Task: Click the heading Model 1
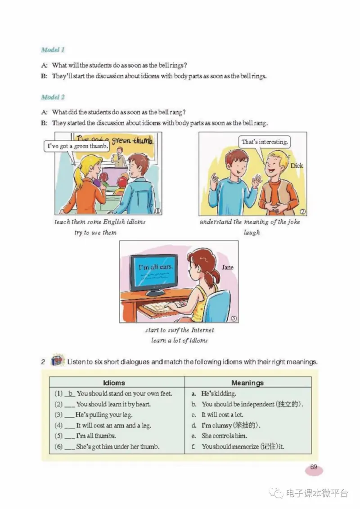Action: (53, 50)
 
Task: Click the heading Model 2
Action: (53, 97)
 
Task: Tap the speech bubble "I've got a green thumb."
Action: (77, 147)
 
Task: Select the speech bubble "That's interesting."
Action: (264, 142)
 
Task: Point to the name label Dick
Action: (297, 165)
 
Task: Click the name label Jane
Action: (228, 267)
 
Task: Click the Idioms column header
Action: (114, 383)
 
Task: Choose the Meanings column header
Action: (247, 383)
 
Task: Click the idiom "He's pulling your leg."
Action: (104, 415)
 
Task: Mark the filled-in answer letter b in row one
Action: (70, 393)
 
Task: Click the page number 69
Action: (314, 467)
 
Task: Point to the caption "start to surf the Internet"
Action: (180, 330)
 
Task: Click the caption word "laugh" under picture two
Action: (252, 232)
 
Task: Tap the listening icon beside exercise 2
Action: (57, 361)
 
